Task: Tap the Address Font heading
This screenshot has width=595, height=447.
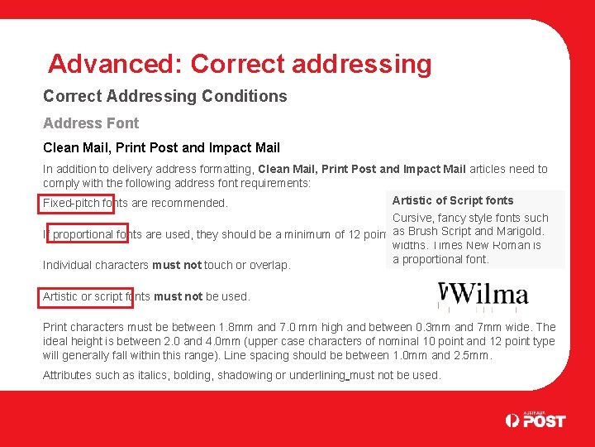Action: click(x=91, y=123)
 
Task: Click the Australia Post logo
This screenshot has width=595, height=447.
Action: click(x=535, y=420)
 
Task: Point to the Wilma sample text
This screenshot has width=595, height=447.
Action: click(x=487, y=295)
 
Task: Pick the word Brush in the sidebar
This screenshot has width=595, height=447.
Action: click(x=423, y=231)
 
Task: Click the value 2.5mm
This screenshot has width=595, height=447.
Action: click(x=471, y=355)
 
